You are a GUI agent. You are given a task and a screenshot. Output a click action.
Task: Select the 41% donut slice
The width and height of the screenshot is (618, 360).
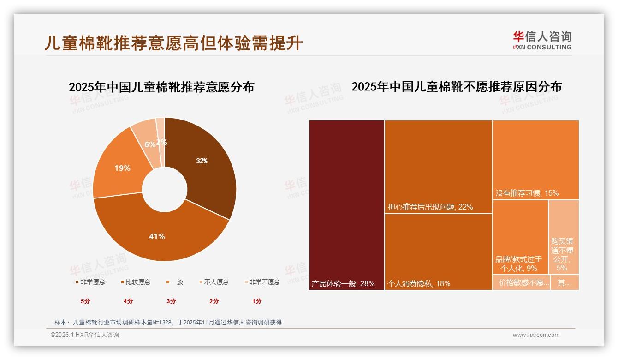(157, 236)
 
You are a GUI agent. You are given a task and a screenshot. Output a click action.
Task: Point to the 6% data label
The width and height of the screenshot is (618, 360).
(149, 144)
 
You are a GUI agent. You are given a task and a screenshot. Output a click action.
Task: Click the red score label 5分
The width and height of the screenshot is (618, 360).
(86, 301)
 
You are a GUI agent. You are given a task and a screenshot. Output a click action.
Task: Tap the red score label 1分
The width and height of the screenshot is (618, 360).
(257, 301)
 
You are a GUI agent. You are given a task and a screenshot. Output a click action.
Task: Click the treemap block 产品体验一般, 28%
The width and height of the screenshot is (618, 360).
(347, 205)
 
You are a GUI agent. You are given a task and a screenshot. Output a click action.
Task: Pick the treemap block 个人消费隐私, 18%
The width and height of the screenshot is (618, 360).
(438, 252)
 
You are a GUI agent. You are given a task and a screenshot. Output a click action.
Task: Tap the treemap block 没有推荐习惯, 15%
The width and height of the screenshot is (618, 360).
(535, 160)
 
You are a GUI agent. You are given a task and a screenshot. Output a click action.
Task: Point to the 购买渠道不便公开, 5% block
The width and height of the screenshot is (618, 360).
(563, 237)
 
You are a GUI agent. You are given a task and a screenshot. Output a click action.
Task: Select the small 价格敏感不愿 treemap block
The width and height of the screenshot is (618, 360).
(521, 282)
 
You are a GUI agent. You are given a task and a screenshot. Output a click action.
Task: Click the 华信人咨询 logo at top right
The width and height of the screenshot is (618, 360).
(542, 40)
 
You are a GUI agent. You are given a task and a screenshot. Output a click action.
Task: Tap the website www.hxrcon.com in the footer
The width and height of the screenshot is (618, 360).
(535, 335)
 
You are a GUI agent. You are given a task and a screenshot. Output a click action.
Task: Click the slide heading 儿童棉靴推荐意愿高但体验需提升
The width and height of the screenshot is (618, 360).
(173, 43)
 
